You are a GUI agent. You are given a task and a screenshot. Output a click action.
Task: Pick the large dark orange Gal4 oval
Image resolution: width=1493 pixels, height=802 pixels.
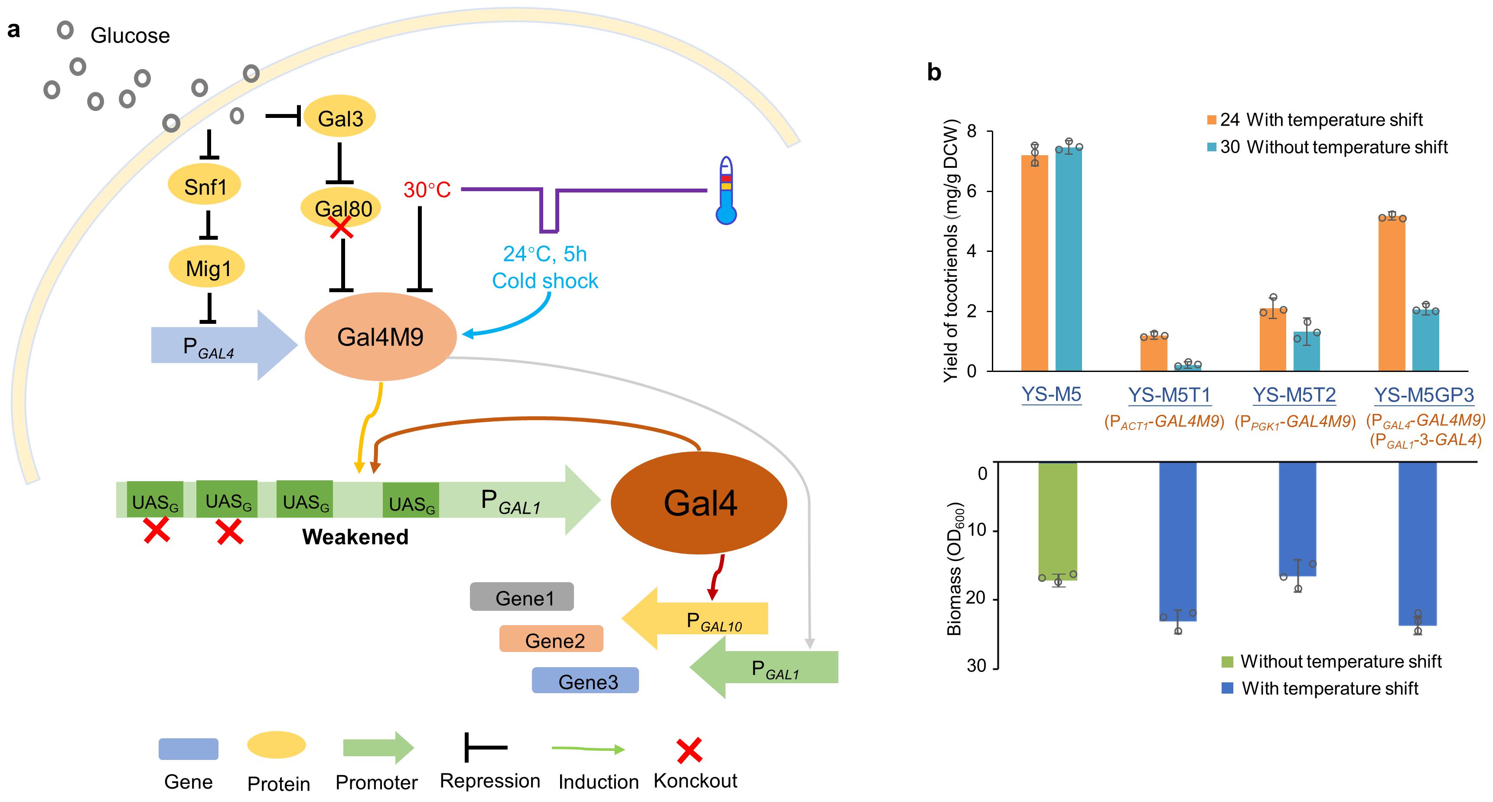(699, 502)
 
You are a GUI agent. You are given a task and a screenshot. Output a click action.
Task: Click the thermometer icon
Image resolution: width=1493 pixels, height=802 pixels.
(726, 190)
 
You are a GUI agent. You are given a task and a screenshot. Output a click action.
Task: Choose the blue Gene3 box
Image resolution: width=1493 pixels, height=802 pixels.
(585, 680)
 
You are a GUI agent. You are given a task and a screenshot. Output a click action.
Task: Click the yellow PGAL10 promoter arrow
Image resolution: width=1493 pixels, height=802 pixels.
(694, 618)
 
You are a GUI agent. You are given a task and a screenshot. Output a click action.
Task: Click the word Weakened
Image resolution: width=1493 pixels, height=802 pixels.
(355, 537)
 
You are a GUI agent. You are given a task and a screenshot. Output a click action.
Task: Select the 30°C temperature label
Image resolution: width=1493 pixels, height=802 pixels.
(427, 189)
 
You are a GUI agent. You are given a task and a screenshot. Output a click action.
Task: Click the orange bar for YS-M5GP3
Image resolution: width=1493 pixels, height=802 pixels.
(1392, 294)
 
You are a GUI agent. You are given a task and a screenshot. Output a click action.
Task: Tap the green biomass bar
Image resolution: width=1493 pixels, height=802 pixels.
(1058, 521)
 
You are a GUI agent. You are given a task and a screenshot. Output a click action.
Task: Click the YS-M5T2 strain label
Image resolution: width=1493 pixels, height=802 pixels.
(1294, 394)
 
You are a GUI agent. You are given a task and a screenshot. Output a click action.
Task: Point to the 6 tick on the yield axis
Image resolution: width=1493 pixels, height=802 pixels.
(971, 191)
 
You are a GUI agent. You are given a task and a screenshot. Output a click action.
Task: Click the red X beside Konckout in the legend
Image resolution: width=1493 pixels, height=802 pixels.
(690, 750)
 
